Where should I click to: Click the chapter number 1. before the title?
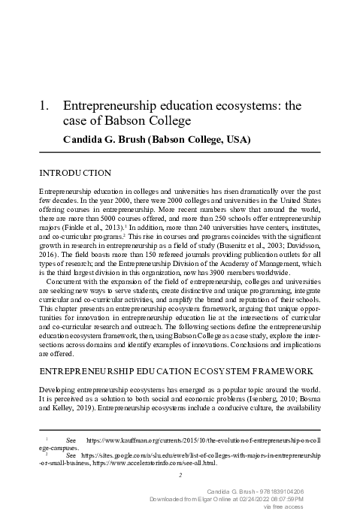44,107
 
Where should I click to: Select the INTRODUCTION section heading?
75,173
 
